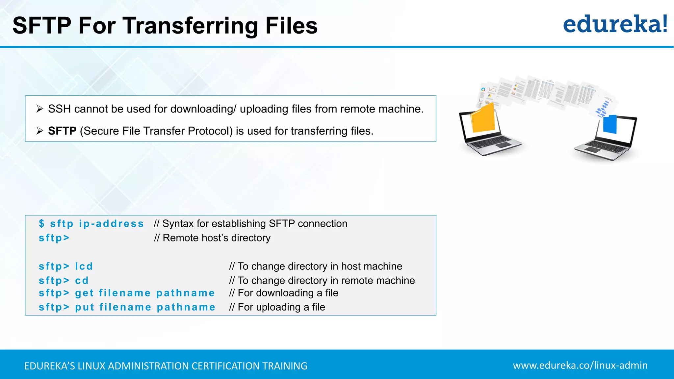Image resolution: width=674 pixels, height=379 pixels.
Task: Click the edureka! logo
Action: point(615,24)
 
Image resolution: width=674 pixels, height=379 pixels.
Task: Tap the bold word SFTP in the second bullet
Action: point(62,131)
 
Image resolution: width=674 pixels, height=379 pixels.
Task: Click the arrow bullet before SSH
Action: point(40,109)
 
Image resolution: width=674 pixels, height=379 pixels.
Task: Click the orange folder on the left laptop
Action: point(483,118)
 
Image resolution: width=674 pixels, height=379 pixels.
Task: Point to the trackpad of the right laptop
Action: point(593,150)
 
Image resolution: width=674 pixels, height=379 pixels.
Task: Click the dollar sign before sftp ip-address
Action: point(41,223)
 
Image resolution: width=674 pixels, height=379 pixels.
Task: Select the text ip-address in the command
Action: point(111,224)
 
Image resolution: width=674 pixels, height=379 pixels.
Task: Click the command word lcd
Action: point(84,266)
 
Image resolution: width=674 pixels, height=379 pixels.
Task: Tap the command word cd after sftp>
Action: point(82,281)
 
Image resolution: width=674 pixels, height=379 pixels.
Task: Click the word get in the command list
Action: point(84,293)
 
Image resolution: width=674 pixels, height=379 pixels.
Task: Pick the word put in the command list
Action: point(85,307)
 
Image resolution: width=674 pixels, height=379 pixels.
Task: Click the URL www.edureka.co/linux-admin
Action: point(580,365)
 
